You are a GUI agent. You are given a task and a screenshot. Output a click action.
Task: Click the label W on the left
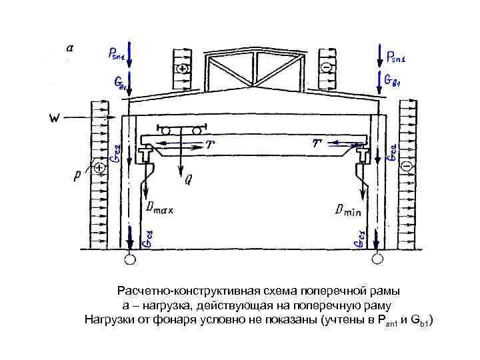click(x=56, y=119)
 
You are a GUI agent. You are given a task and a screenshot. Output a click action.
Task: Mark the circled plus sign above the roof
click(x=182, y=69)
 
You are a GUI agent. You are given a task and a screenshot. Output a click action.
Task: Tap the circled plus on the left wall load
click(x=100, y=168)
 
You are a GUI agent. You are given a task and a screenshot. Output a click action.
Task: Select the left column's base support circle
click(x=129, y=259)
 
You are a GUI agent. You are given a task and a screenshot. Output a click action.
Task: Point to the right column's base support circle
click(x=378, y=259)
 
